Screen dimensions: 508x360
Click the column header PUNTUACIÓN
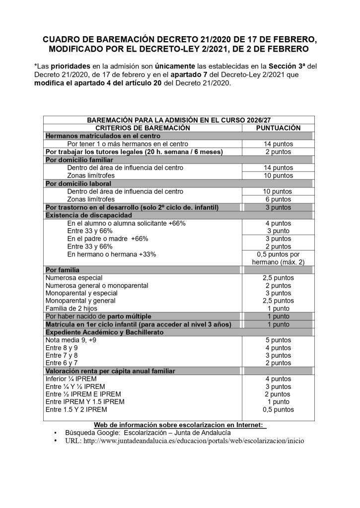click(x=278, y=127)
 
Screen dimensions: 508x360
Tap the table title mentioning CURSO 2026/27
click(x=179, y=120)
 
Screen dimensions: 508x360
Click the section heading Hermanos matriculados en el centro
click(x=103, y=135)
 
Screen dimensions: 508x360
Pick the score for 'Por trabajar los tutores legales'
click(x=278, y=151)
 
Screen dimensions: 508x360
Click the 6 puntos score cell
click(x=278, y=199)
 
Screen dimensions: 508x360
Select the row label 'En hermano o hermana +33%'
click(x=111, y=254)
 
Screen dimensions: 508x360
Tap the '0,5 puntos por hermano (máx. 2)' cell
click(x=278, y=258)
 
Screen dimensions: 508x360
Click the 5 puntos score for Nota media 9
click(x=278, y=340)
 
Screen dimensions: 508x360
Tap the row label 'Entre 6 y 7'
click(x=62, y=363)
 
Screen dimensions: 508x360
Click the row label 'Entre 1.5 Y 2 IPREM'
click(x=75, y=410)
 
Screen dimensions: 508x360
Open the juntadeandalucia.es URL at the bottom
click(x=184, y=441)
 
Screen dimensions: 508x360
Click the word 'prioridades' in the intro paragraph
click(x=69, y=65)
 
